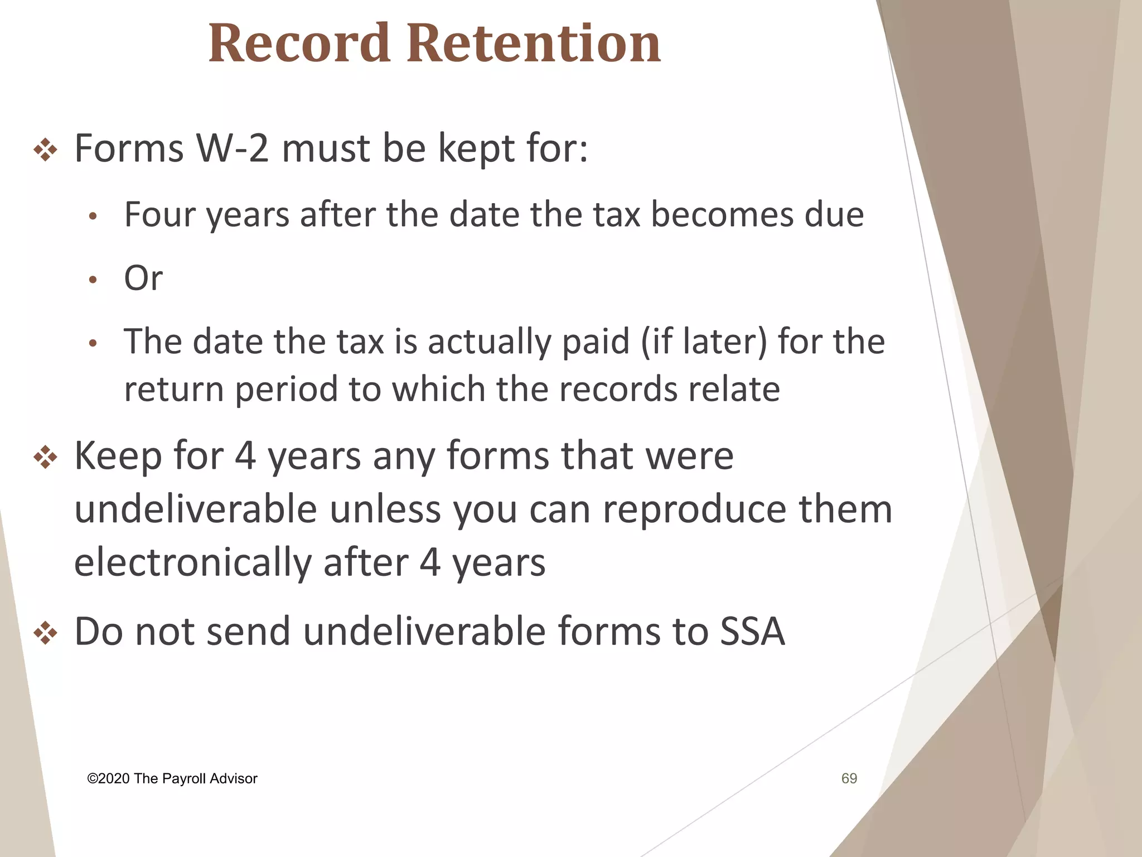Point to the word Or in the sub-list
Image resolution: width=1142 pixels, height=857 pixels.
coord(143,278)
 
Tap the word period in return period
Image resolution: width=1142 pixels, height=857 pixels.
coord(286,389)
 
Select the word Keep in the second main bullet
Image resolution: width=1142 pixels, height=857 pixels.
coord(118,456)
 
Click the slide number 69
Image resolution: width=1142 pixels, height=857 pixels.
coord(849,778)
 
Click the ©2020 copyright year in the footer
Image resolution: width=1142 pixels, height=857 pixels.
coord(109,779)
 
